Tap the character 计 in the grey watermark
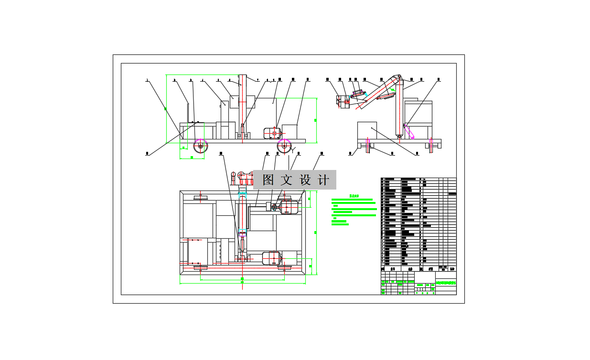(x=323, y=180)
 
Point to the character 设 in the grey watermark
(x=305, y=180)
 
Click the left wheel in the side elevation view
(x=201, y=146)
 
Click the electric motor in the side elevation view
(x=271, y=133)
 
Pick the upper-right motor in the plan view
(x=289, y=207)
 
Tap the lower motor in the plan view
(x=271, y=258)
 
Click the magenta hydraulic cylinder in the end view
(x=409, y=131)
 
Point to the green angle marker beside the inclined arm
(x=393, y=89)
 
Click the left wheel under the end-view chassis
(x=367, y=145)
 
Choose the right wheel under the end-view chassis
(x=431, y=145)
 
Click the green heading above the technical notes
(x=354, y=195)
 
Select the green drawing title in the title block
(x=446, y=283)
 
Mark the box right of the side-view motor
(x=290, y=131)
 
